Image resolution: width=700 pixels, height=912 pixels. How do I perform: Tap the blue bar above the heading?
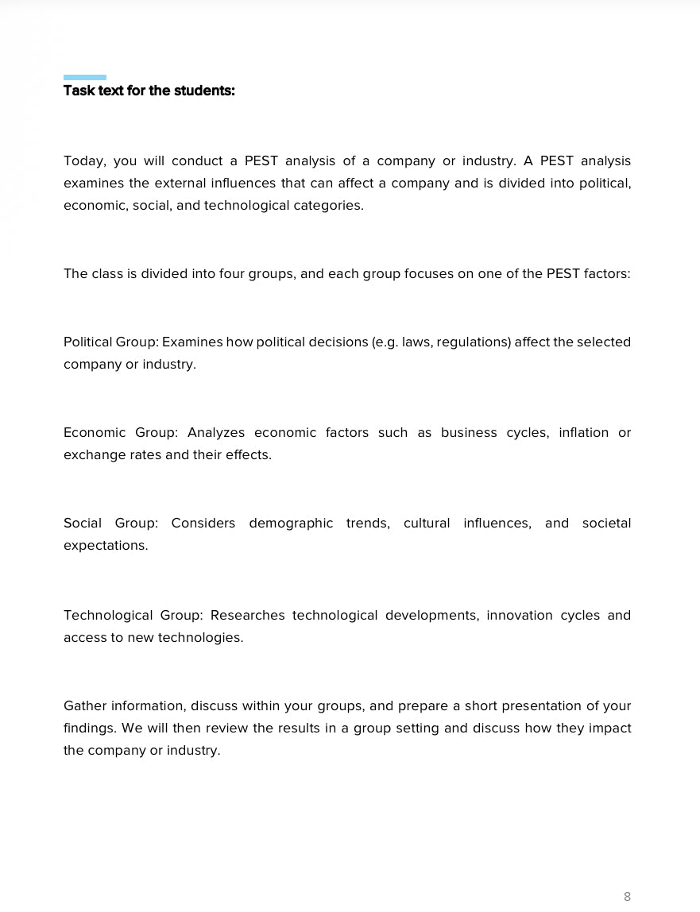pyautogui.click(x=85, y=77)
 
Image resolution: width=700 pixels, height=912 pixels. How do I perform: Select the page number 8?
pyautogui.click(x=627, y=896)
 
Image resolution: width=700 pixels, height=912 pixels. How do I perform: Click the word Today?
pyautogui.click(x=84, y=161)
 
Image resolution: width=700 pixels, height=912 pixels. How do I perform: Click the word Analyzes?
pyautogui.click(x=216, y=433)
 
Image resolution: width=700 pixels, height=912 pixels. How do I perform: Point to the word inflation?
pyautogui.click(x=583, y=433)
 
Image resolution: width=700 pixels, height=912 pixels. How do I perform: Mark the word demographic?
pyautogui.click(x=291, y=524)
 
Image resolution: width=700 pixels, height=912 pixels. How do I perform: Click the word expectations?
pyautogui.click(x=106, y=546)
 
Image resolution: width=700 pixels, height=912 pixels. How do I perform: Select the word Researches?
pyautogui.click(x=247, y=616)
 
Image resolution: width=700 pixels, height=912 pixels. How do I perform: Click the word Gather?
pyautogui.click(x=84, y=706)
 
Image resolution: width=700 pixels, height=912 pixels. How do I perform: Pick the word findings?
pyautogui.click(x=90, y=728)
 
